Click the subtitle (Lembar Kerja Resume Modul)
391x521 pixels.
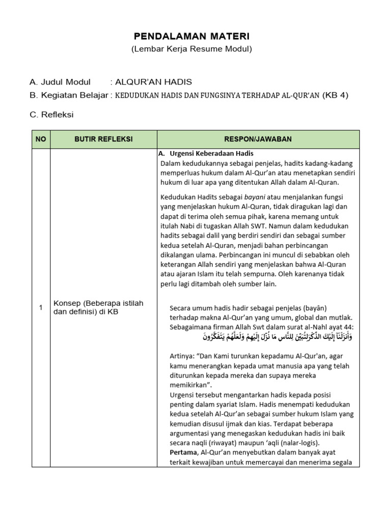(x=192, y=49)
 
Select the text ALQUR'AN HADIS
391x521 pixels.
(x=153, y=82)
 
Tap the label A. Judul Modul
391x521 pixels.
(x=60, y=82)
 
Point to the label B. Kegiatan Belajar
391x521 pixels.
(x=69, y=95)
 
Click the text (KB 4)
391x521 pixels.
(x=336, y=95)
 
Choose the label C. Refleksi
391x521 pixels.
(x=51, y=114)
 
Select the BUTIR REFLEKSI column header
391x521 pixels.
(x=103, y=139)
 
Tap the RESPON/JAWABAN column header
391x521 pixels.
(x=258, y=139)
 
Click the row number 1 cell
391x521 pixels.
(x=41, y=307)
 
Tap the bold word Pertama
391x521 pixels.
(x=184, y=452)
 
